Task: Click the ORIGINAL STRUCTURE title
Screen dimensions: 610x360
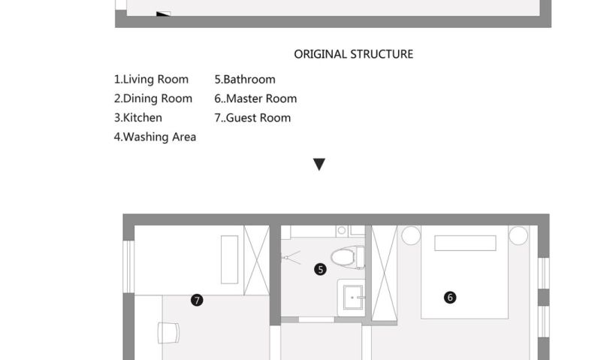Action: click(353, 54)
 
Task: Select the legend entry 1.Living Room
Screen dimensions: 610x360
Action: click(151, 80)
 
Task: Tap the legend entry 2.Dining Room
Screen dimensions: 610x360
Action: click(153, 98)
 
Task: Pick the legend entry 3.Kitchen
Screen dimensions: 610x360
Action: click(137, 117)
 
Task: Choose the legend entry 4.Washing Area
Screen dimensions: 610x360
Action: click(155, 137)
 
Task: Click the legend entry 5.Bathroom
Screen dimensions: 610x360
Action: click(245, 80)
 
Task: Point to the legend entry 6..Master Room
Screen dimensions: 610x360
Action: click(255, 98)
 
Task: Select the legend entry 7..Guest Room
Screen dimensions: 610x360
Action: click(252, 117)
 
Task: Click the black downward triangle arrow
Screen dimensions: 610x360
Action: click(319, 164)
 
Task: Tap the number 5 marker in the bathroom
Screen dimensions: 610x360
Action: click(320, 269)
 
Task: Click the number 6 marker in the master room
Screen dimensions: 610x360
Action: click(450, 298)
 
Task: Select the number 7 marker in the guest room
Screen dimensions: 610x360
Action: click(197, 300)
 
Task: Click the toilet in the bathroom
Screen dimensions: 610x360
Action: click(347, 257)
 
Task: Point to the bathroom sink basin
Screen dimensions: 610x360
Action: click(353, 298)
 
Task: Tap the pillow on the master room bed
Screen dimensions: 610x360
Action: click(465, 243)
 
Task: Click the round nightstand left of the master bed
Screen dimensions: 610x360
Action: click(411, 235)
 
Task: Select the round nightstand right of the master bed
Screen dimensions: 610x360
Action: click(518, 235)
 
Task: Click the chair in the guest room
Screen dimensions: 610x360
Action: click(168, 333)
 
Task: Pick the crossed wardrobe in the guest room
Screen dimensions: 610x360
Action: click(256, 260)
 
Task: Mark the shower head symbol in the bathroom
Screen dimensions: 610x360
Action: click(291, 257)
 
